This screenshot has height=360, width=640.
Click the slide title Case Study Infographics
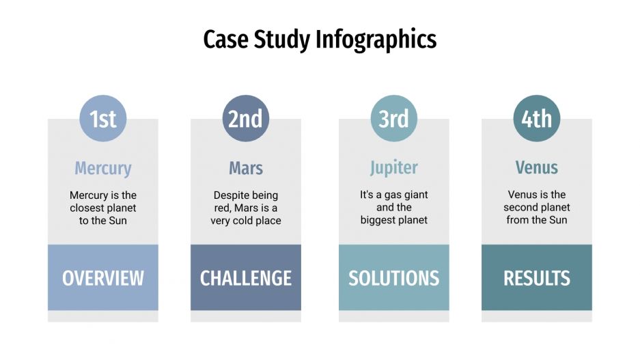point(320,40)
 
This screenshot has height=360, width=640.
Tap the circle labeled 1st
point(103,119)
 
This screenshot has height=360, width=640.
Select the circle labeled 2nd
point(245,119)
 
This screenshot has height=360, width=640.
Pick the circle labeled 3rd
point(394,119)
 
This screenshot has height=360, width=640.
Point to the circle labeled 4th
point(537,119)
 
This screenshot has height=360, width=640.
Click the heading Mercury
point(103,168)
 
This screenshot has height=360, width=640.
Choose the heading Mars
point(246,168)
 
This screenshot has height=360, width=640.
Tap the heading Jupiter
point(394,168)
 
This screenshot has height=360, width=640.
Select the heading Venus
point(537,168)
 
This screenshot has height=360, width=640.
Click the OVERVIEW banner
point(103,278)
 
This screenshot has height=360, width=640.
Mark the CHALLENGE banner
point(246,278)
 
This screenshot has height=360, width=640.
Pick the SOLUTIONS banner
point(394,278)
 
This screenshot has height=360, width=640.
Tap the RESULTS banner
point(537,278)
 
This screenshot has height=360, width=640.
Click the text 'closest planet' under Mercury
point(103,208)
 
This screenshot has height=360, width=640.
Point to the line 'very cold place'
point(246,221)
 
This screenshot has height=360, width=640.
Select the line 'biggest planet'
point(394,220)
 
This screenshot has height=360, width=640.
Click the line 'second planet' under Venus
point(537,208)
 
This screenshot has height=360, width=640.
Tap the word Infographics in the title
point(376,40)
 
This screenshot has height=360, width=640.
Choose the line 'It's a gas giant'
point(394,195)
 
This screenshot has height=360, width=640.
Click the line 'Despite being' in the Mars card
point(246,195)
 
